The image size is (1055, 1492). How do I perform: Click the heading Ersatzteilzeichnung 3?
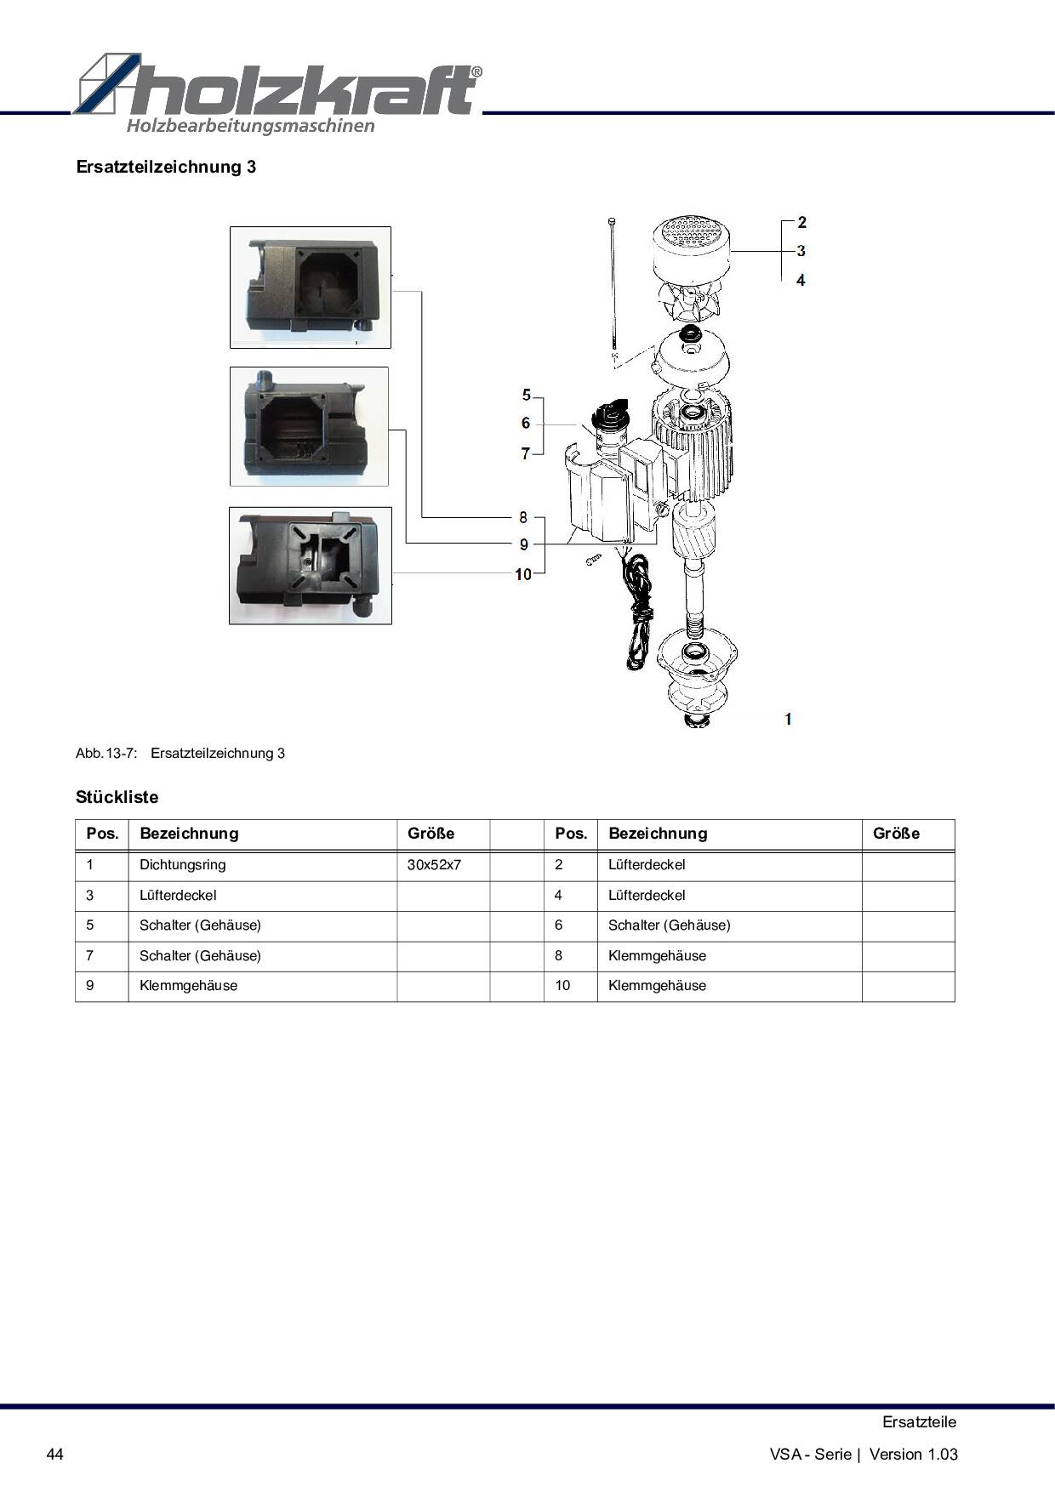(x=166, y=167)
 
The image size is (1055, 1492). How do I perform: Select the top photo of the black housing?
(x=311, y=288)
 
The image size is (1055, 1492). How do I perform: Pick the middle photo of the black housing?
(x=309, y=427)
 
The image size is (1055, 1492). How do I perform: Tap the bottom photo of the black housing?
(x=311, y=566)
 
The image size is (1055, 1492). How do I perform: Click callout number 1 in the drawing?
(x=789, y=719)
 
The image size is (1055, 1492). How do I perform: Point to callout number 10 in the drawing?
(x=523, y=574)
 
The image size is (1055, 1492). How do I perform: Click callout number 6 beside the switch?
(x=526, y=423)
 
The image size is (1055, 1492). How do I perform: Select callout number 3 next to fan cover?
(x=801, y=251)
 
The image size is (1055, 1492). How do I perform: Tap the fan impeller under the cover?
(x=690, y=299)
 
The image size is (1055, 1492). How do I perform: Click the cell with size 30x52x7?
(x=434, y=865)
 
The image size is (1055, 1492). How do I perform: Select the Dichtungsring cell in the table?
(x=183, y=865)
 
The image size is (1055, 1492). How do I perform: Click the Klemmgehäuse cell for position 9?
(x=189, y=986)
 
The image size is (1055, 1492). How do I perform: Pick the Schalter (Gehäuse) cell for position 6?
(x=670, y=925)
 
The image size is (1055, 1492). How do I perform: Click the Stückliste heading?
(x=117, y=798)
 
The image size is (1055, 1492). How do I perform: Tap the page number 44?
(x=54, y=1454)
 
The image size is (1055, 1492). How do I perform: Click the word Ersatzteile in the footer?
(x=919, y=1422)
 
